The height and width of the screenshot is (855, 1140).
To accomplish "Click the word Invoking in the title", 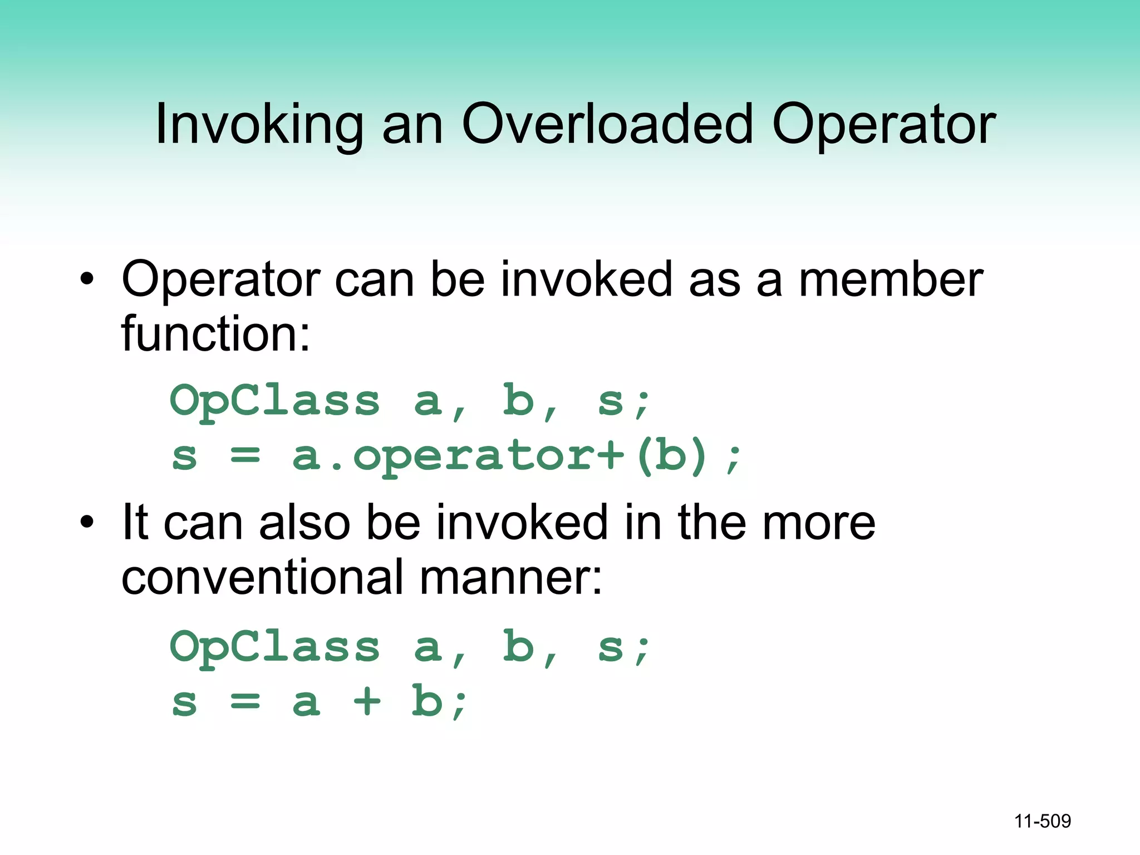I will (x=259, y=125).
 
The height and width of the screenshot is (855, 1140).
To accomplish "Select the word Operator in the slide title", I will (x=883, y=125).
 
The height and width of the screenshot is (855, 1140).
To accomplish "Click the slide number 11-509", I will (x=1042, y=821).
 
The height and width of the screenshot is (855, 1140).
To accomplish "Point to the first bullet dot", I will (x=86, y=278).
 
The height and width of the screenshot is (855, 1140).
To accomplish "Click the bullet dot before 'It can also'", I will (x=86, y=522).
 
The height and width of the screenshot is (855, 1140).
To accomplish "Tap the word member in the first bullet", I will (x=891, y=279).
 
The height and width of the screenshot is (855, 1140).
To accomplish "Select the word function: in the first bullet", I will (x=215, y=334).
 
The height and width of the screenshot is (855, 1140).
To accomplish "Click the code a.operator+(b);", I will (x=518, y=456).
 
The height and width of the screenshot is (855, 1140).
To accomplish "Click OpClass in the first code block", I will (x=275, y=401).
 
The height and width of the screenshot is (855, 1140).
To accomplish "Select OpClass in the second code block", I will (x=275, y=647).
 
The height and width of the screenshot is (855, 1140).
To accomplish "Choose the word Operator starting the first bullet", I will (x=220, y=279).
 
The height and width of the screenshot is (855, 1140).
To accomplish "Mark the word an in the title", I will (x=412, y=125).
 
